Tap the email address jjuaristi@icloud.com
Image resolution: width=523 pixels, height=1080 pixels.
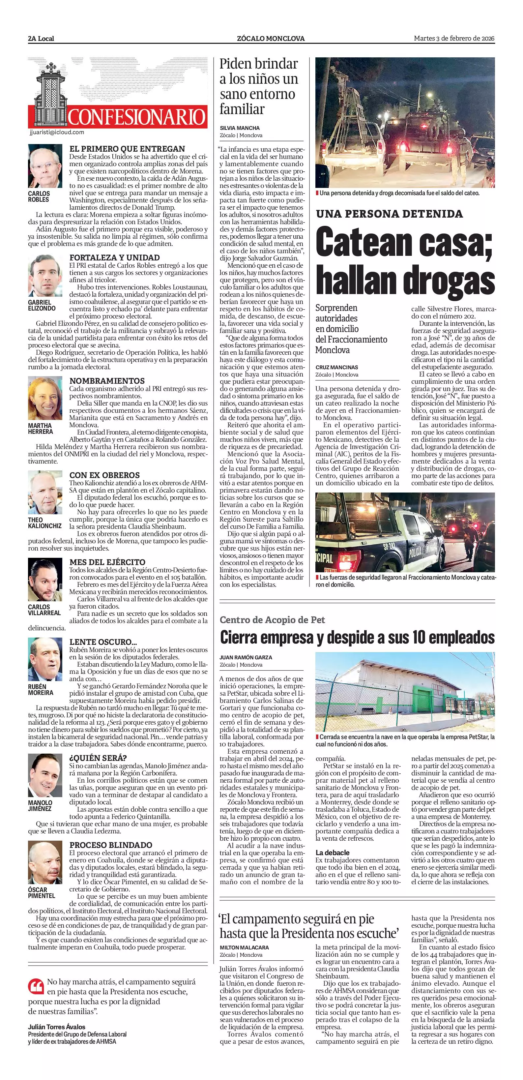(x=57, y=133)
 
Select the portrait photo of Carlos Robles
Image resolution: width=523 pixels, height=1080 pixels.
(x=45, y=166)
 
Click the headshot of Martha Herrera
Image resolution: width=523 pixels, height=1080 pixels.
(x=45, y=399)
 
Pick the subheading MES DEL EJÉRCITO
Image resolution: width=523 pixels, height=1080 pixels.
(x=107, y=562)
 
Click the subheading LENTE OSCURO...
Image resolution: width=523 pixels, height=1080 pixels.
(x=103, y=642)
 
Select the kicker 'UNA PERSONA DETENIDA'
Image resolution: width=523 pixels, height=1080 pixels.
(x=389, y=214)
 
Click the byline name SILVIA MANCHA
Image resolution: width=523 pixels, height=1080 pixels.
(x=240, y=128)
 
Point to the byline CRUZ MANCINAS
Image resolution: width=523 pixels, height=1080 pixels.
(x=336, y=367)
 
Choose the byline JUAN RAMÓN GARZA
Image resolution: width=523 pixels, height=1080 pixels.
(x=246, y=657)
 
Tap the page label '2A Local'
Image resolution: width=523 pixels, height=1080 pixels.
(x=41, y=39)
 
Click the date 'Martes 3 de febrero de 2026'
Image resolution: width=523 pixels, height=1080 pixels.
(x=454, y=39)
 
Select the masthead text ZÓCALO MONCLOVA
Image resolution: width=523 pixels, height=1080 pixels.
(x=270, y=39)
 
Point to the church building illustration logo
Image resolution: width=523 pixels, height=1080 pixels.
(x=47, y=94)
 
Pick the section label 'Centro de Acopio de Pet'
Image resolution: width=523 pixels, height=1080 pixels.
(x=272, y=620)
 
